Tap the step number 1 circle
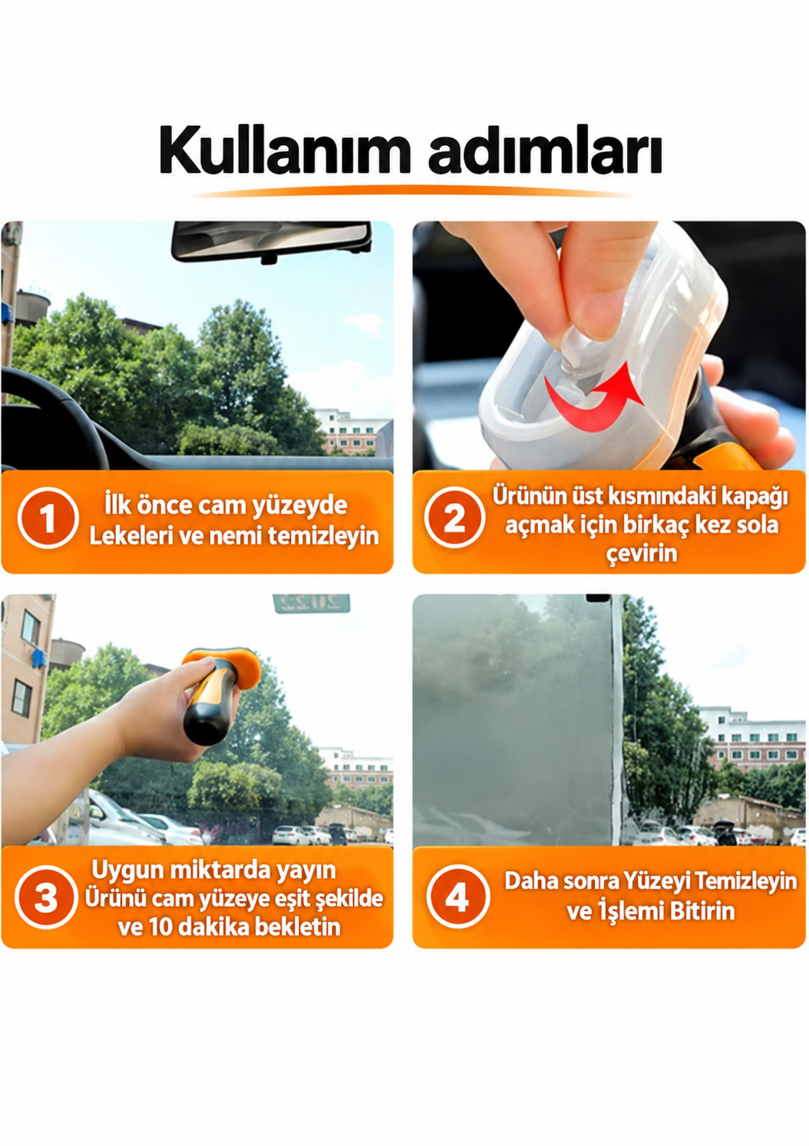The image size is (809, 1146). click(48, 518)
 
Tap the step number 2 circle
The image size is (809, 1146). click(454, 518)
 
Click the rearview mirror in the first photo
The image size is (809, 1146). click(271, 241)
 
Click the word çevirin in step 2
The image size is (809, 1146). click(642, 555)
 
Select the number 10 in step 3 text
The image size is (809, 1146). click(162, 926)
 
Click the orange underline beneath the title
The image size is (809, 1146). click(412, 193)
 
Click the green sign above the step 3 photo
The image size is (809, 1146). click(312, 603)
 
